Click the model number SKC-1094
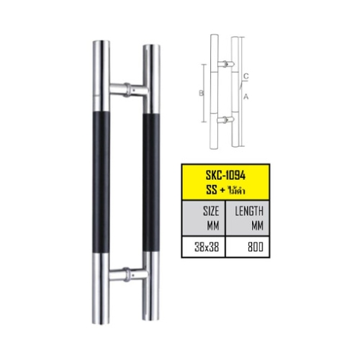click(x=225, y=176)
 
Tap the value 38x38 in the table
click(x=207, y=247)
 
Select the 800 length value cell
click(x=248, y=247)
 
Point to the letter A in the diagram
click(x=246, y=96)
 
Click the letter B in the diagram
click(x=201, y=93)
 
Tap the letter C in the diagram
click(x=246, y=76)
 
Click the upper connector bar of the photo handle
click(x=129, y=90)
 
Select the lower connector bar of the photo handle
click(x=128, y=274)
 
